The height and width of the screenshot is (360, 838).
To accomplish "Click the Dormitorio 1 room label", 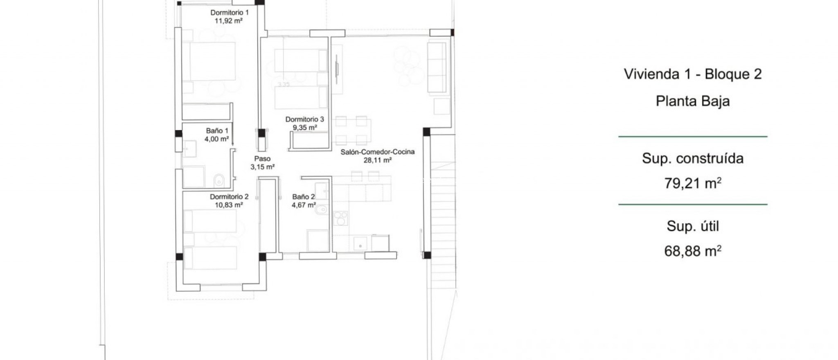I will click(229, 13).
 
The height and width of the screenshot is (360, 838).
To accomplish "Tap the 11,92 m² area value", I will click(229, 20).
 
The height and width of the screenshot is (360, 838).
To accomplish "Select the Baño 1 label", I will click(217, 131).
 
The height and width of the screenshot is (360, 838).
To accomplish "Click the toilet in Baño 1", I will click(219, 180).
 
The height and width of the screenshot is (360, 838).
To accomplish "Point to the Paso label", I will click(262, 159).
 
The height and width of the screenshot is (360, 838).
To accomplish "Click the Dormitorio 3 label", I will click(304, 119).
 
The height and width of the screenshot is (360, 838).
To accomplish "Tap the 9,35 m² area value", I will click(304, 127).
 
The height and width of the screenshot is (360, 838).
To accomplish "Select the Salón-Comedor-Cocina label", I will click(377, 152).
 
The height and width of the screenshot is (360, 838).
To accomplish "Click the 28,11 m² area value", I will click(377, 160).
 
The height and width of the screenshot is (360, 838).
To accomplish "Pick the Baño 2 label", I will click(303, 197).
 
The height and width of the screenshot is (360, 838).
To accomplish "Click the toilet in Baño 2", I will click(321, 210).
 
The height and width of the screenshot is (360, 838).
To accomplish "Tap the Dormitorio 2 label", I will click(229, 197).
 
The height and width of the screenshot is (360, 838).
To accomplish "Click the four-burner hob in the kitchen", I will click(340, 218).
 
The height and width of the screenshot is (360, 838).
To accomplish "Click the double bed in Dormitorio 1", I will click(212, 61).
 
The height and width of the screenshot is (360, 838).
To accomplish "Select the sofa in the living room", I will click(437, 67).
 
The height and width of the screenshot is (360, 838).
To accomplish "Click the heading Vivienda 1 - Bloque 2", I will click(692, 74).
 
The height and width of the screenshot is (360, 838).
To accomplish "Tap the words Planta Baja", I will click(692, 101).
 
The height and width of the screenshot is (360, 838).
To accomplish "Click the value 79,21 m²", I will click(692, 183).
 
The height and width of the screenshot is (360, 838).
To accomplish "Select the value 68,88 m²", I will click(692, 250).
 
